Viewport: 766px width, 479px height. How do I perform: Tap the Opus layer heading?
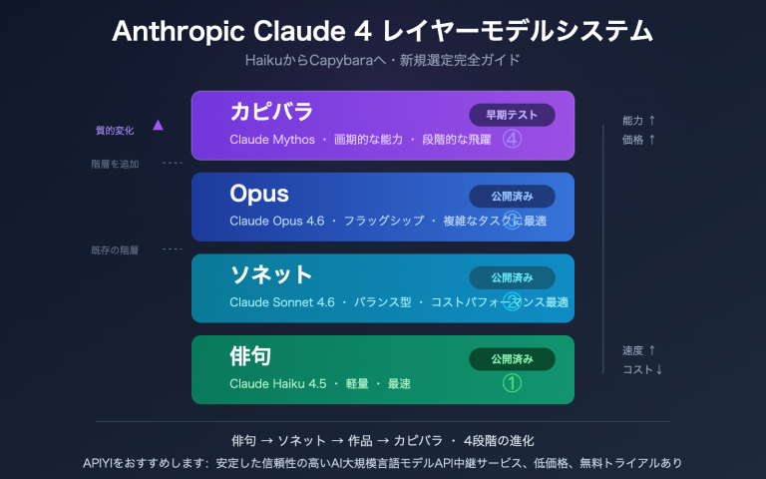tap(259, 194)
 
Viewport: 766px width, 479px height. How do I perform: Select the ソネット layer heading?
tap(271, 274)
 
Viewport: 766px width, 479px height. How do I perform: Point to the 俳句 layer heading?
tap(250, 356)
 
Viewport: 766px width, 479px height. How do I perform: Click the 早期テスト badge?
tap(512, 115)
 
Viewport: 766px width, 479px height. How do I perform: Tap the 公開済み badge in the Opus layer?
tap(512, 197)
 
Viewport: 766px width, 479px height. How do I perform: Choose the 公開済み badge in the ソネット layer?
tap(512, 276)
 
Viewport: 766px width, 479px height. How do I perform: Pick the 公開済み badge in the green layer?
tap(512, 358)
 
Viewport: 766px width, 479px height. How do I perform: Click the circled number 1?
tap(512, 383)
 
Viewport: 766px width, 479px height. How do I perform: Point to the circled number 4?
tap(513, 139)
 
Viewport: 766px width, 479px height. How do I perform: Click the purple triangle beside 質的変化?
tap(158, 126)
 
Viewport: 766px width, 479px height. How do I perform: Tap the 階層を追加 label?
tap(115, 164)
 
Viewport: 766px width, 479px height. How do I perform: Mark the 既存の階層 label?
tap(115, 249)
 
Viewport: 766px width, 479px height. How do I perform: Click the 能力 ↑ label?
tap(638, 121)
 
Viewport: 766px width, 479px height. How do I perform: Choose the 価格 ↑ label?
tap(638, 140)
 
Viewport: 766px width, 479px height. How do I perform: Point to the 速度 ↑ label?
tap(638, 350)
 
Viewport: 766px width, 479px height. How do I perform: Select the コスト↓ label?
tap(642, 369)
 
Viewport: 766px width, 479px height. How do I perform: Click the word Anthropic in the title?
tap(172, 30)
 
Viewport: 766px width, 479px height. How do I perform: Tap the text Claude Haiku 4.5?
tap(278, 384)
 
